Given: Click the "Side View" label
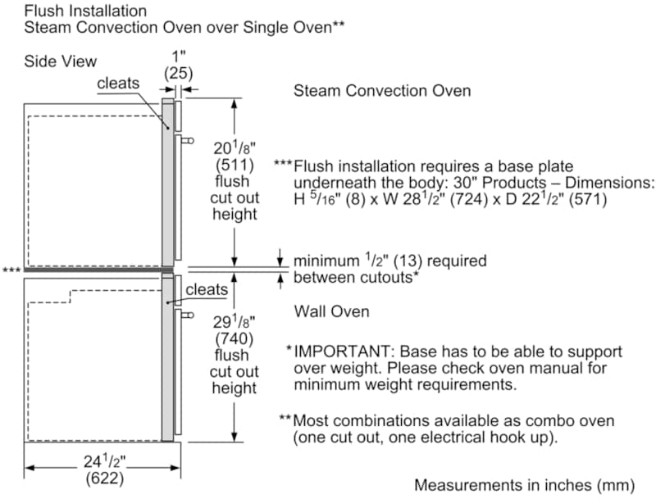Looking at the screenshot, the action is click(x=60, y=61).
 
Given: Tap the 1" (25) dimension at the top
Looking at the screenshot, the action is click(x=178, y=66).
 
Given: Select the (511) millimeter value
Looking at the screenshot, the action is click(x=235, y=165).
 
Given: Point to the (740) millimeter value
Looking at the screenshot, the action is click(x=235, y=338).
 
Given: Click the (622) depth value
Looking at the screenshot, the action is click(x=105, y=479).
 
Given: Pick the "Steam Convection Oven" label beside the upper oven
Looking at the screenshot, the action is click(x=382, y=91).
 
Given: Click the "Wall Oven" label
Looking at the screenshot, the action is click(x=331, y=311).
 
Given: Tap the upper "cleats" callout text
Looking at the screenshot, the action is click(x=118, y=84).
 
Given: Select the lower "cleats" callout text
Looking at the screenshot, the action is click(x=207, y=289).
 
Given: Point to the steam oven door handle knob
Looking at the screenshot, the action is click(x=189, y=141).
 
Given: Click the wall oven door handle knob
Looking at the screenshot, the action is click(x=189, y=315).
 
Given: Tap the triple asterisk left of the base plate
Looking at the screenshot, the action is click(x=11, y=270).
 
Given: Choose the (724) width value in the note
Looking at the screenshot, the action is click(x=469, y=199).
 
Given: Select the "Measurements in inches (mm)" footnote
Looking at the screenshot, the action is click(x=525, y=485).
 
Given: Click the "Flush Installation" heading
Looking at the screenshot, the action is click(x=85, y=11).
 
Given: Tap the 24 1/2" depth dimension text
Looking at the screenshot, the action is click(x=105, y=461).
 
